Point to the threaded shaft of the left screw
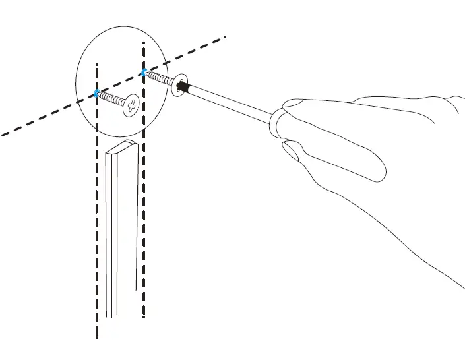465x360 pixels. click(x=112, y=99)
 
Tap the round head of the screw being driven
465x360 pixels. click(x=178, y=86)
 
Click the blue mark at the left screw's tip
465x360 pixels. click(x=97, y=94)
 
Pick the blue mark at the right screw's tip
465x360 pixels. click(x=143, y=71)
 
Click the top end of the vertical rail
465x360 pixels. click(x=121, y=147)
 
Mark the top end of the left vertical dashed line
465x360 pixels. click(x=97, y=65)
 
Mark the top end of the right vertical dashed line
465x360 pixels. click(x=143, y=42)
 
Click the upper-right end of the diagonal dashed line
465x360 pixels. click(x=226, y=36)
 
